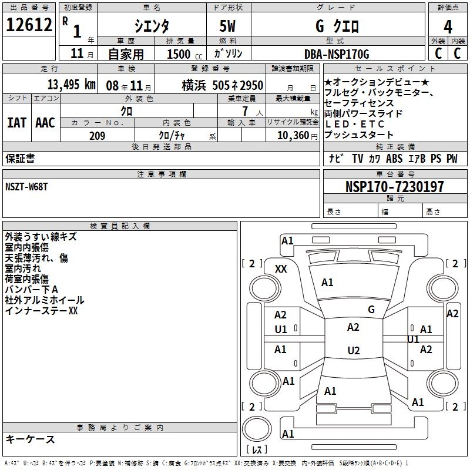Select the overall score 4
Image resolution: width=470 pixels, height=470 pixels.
point(448,26)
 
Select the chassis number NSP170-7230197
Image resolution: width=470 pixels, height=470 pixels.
point(395,187)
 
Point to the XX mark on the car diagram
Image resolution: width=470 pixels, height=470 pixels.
point(281,268)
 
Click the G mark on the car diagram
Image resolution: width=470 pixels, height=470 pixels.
point(371,309)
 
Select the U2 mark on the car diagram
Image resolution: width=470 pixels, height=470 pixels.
point(353,351)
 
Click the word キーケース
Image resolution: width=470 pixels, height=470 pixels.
point(30,439)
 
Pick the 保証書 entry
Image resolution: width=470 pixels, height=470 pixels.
point(20,158)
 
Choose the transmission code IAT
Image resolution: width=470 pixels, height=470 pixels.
point(16,122)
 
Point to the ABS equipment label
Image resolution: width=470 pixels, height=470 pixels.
point(394,158)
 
